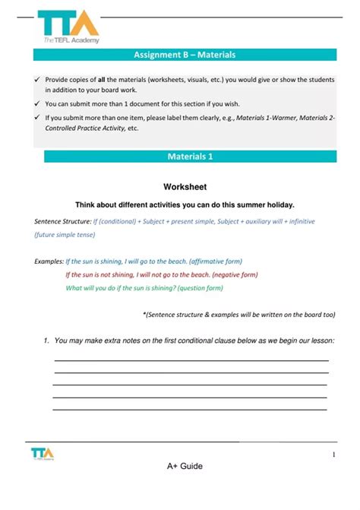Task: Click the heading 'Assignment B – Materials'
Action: pyautogui.click(x=185, y=55)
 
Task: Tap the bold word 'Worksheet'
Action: pyautogui.click(x=185, y=186)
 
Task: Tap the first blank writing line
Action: pyautogui.click(x=191, y=360)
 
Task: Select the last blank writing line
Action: pyautogui.click(x=190, y=410)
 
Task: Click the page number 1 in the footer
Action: pyautogui.click(x=333, y=455)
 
